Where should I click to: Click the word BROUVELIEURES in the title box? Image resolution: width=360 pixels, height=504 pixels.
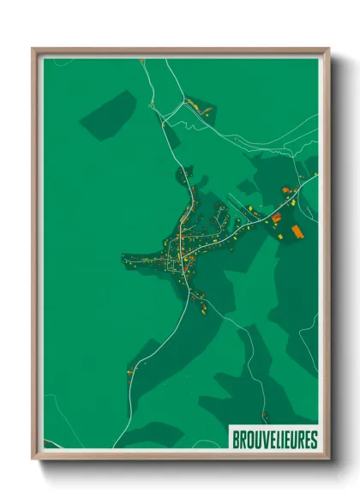coord(274,440)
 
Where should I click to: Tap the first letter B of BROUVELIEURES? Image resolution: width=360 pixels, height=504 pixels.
coord(236,440)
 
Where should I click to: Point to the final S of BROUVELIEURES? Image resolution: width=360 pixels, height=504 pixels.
coord(314,440)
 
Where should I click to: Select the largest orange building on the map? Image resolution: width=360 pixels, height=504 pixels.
coord(297,231)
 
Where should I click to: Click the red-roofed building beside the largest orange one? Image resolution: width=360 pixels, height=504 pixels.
coord(277,219)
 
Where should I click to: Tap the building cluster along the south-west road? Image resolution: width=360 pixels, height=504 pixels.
coord(130,370)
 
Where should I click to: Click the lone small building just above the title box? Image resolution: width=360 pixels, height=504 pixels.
coord(265,417)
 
